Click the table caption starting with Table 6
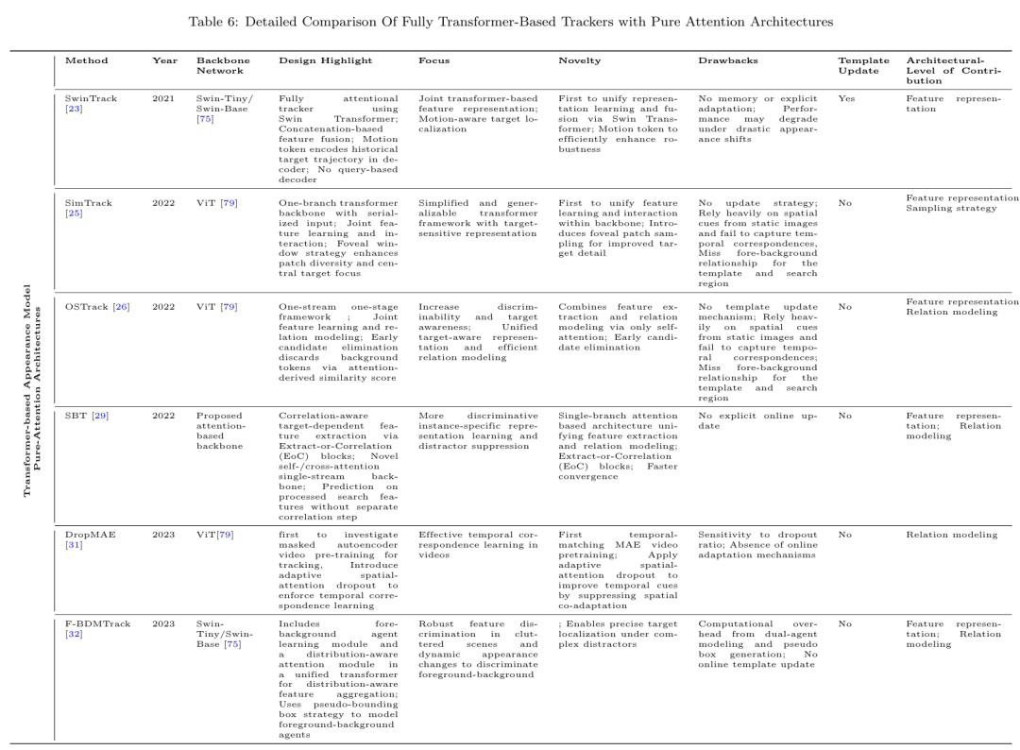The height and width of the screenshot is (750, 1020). click(509, 21)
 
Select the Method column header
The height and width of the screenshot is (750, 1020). click(86, 60)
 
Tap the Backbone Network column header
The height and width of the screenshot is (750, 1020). click(223, 65)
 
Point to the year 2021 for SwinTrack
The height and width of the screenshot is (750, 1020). click(162, 97)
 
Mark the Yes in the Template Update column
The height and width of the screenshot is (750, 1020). click(845, 97)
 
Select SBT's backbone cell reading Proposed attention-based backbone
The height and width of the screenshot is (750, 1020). click(221, 431)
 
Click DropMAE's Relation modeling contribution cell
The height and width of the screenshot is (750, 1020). click(950, 535)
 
